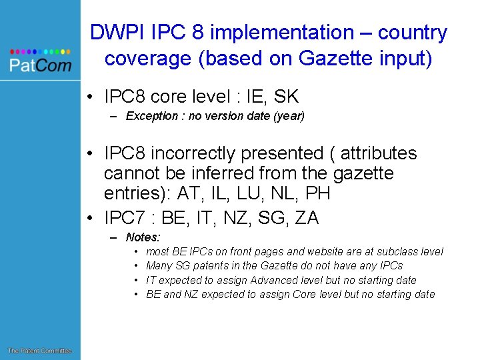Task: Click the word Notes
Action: point(142,237)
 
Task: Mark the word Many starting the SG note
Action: point(159,266)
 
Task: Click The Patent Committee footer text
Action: point(39,351)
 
